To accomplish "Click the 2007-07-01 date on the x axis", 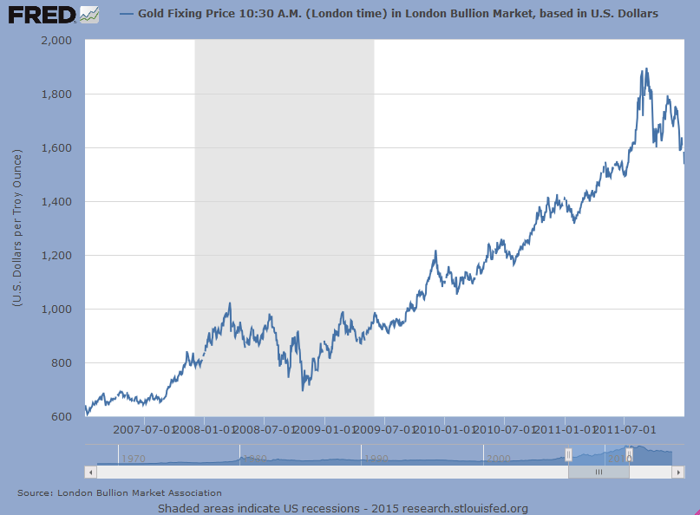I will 144,429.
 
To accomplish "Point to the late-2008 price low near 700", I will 303,389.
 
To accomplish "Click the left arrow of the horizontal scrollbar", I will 90,472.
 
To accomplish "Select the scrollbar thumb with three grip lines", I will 598,472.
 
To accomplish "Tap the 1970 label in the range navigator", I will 133,458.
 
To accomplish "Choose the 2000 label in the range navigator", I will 498,458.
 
